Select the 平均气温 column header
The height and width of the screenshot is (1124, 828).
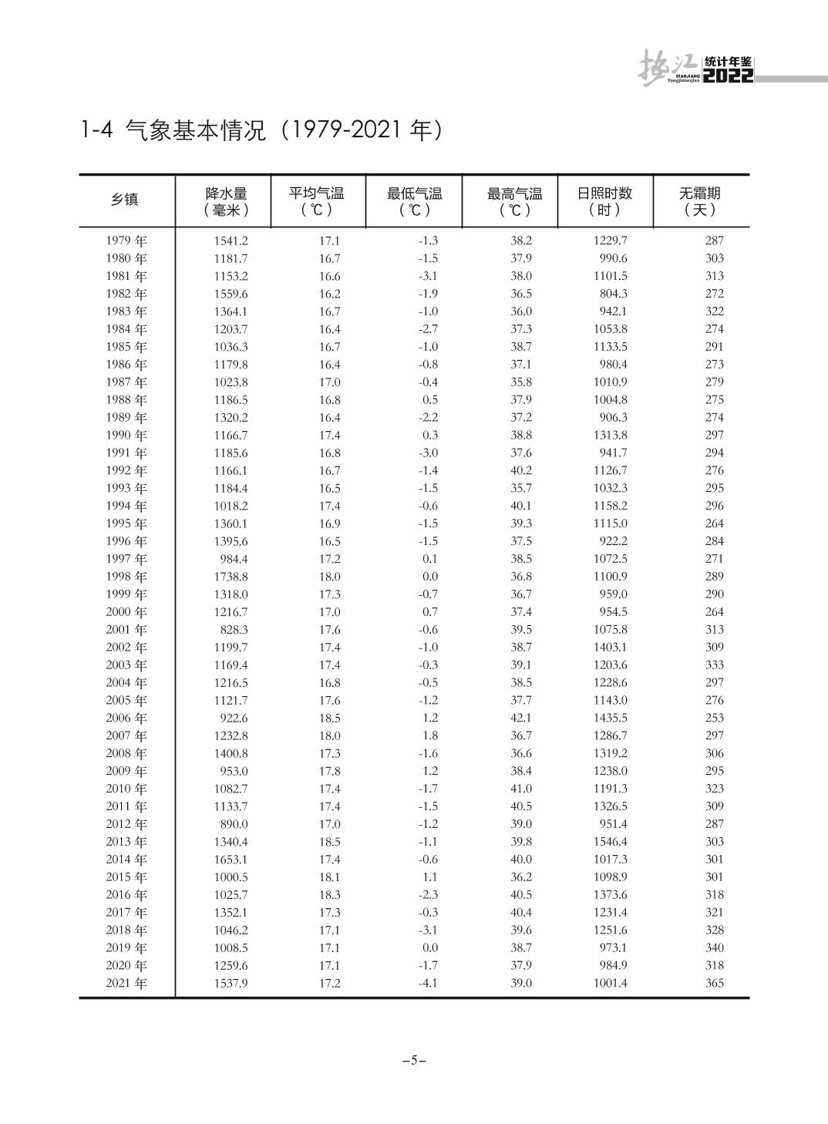click(x=316, y=201)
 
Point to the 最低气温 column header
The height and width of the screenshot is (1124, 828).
click(x=414, y=201)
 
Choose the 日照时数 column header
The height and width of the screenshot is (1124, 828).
click(x=604, y=201)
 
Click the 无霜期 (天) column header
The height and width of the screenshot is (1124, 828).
click(x=699, y=201)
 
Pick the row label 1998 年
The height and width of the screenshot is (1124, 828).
click(x=126, y=577)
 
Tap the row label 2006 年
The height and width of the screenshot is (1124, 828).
click(x=126, y=718)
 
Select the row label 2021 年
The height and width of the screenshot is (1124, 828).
click(x=126, y=984)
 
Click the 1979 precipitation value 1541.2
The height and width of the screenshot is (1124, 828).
click(x=231, y=241)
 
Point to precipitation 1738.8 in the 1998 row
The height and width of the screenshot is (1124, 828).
click(x=231, y=577)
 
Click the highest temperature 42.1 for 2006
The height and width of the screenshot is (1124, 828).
click(x=521, y=718)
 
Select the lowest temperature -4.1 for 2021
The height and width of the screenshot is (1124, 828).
click(x=428, y=984)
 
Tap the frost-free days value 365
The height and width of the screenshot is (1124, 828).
click(x=715, y=984)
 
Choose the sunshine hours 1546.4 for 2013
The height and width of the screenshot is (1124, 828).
click(x=610, y=842)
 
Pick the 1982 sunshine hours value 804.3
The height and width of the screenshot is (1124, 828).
click(x=613, y=294)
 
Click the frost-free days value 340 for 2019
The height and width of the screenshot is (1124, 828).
click(x=715, y=948)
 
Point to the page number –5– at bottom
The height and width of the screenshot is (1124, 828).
click(x=414, y=1060)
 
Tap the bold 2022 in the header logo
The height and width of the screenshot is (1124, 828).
click(x=729, y=76)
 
